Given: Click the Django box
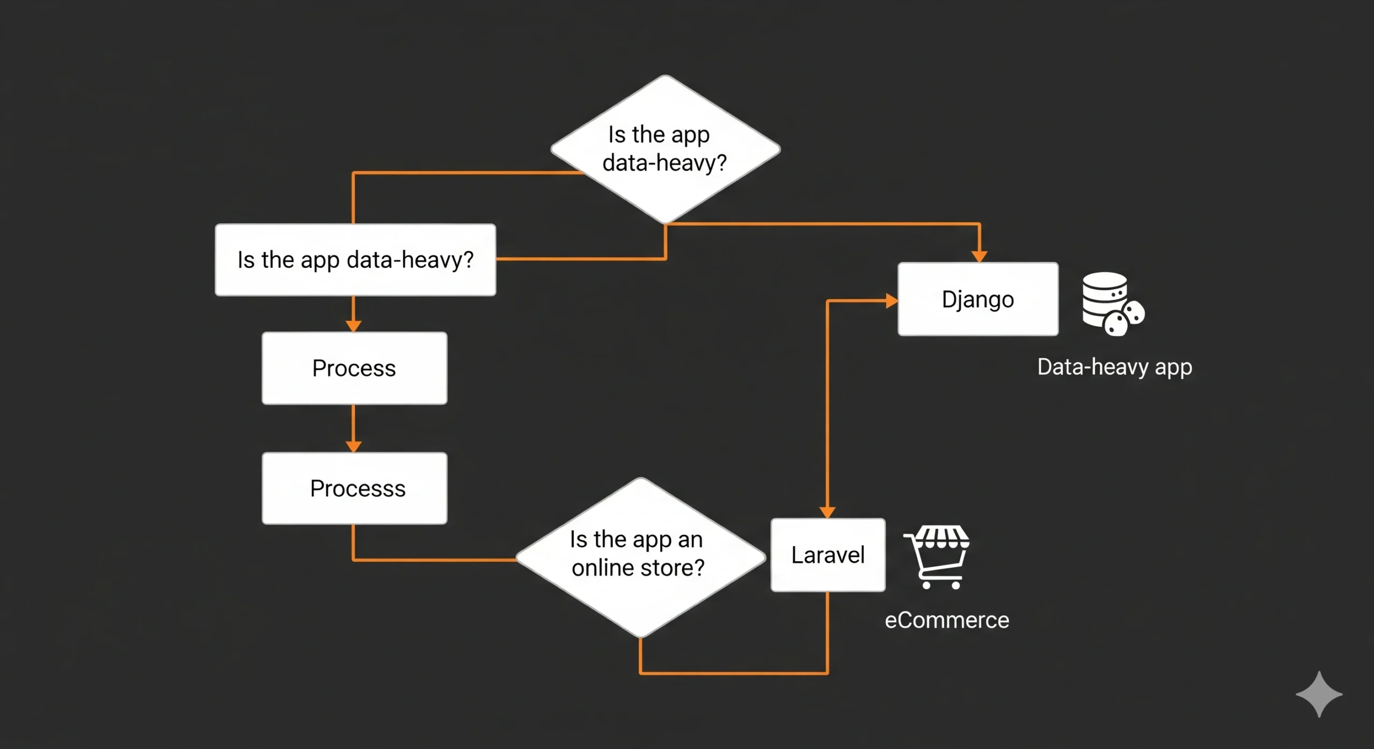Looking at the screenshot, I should (x=978, y=299).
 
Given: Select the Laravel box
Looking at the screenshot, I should (x=828, y=555).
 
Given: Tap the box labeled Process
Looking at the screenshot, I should (x=354, y=368).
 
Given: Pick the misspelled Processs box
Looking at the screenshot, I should (x=354, y=488).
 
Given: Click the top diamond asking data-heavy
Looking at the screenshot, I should (x=665, y=149).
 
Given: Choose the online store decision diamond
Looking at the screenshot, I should (x=640, y=557).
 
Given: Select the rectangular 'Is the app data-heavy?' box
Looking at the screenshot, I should (x=355, y=260).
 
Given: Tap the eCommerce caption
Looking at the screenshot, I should (x=947, y=620).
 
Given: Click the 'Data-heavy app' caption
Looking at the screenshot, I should (x=1114, y=367).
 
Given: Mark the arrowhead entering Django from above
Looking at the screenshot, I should (x=980, y=256).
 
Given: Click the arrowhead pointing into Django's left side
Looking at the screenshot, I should (x=891, y=301).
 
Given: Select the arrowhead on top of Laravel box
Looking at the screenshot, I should (x=827, y=512).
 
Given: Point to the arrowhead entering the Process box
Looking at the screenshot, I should (x=353, y=326).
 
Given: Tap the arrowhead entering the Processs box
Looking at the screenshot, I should (x=353, y=446).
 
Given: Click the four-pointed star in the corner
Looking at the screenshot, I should (x=1319, y=694).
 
